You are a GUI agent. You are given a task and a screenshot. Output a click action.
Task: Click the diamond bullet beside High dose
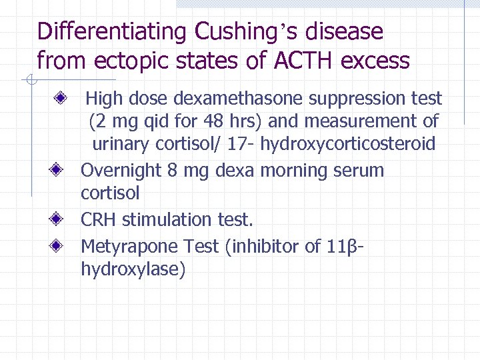click(60, 99)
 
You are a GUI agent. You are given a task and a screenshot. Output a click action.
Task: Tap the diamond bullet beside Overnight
click(60, 170)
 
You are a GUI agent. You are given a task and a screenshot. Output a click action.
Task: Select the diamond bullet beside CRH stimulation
click(60, 219)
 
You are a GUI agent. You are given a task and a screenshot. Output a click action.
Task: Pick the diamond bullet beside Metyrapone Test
click(60, 246)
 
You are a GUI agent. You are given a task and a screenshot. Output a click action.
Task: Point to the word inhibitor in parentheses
click(265, 246)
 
